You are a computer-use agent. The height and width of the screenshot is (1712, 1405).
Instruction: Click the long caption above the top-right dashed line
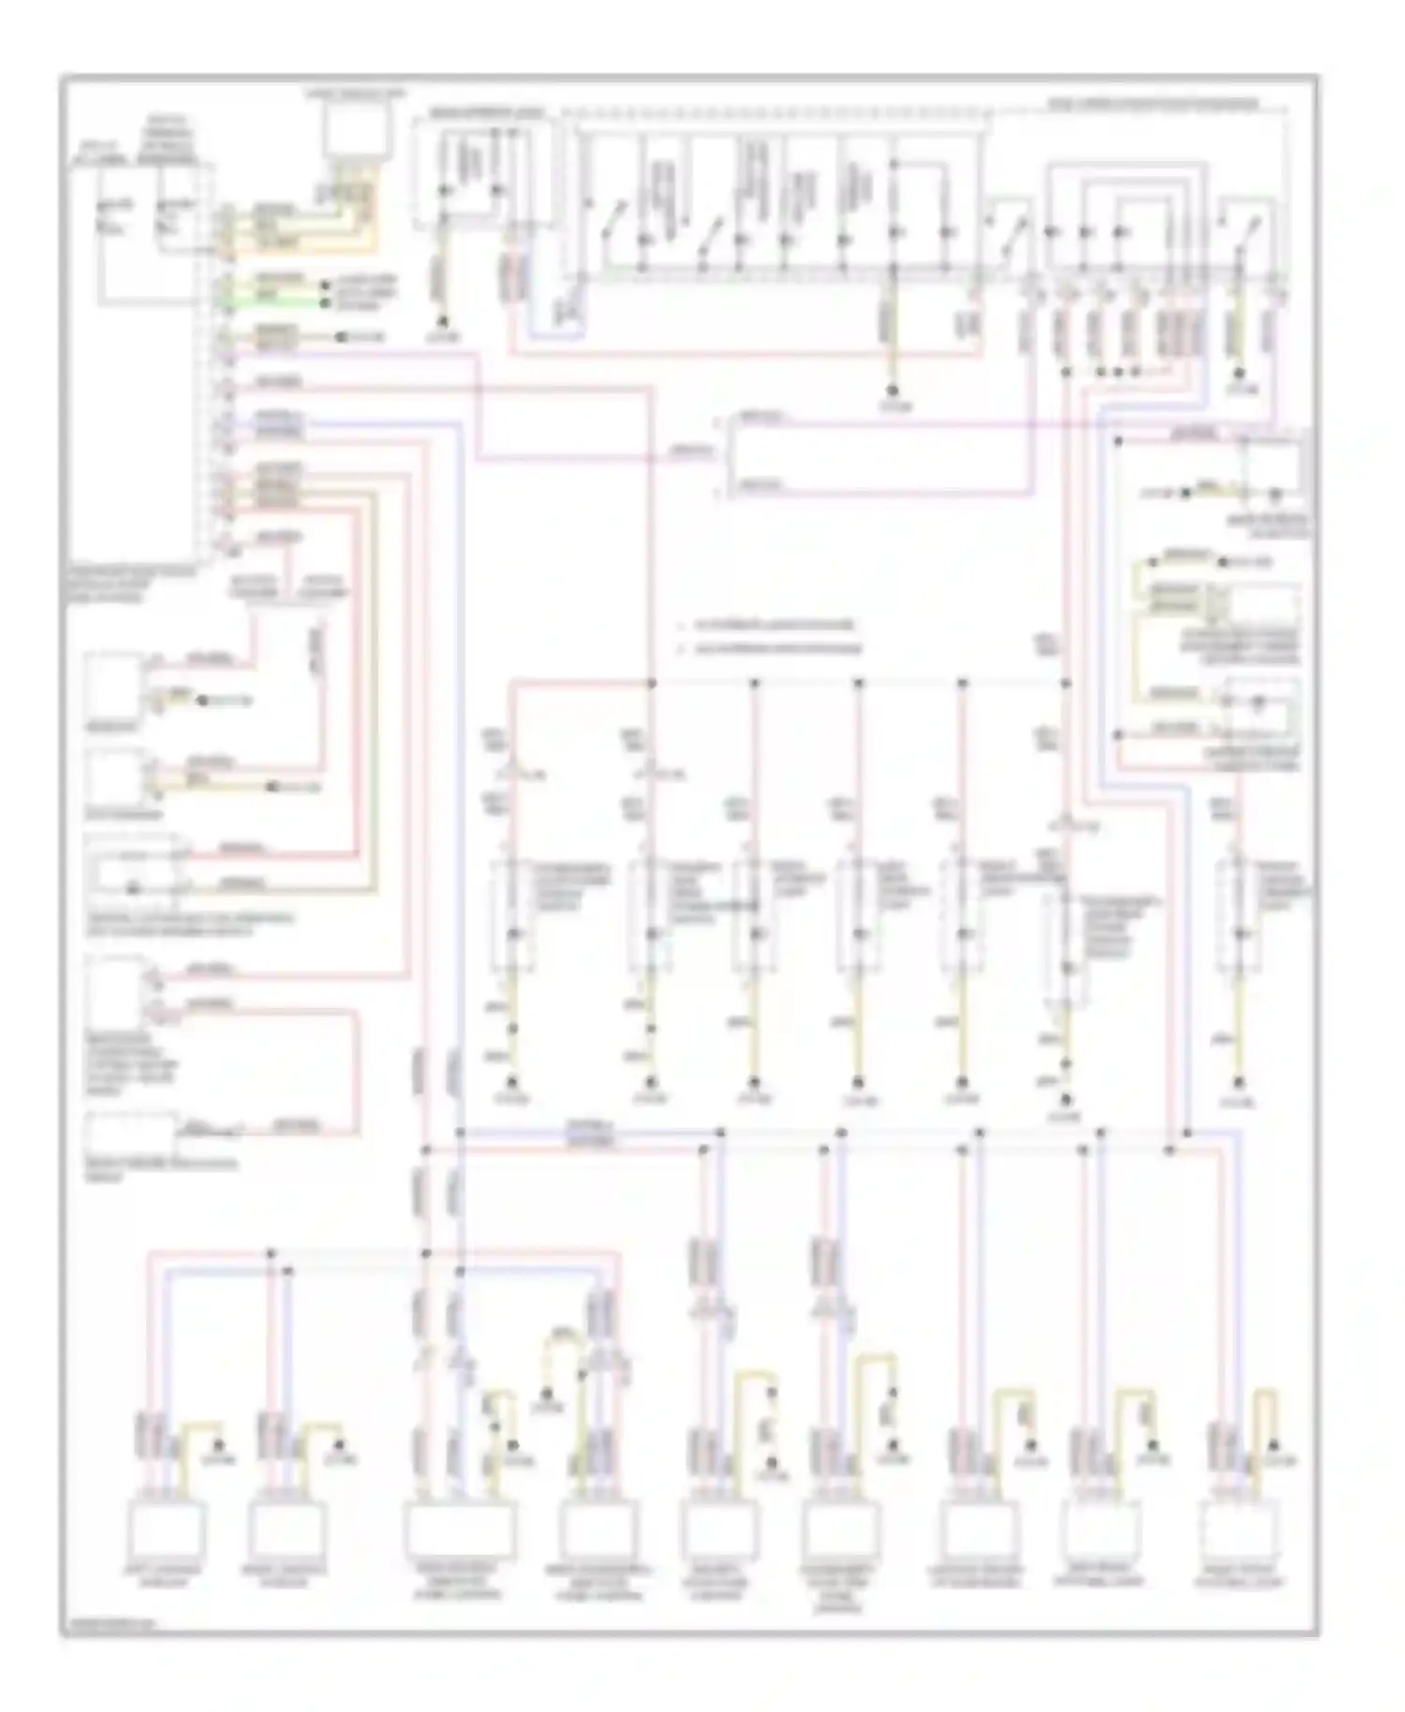tap(1152, 104)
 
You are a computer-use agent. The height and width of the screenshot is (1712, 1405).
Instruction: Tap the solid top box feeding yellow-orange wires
tap(355, 130)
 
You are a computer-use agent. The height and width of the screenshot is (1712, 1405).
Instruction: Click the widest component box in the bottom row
tap(459, 1529)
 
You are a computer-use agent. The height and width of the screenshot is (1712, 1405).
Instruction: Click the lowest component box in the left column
tap(131, 1134)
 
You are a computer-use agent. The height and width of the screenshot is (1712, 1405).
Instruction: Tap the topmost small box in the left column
tap(113, 686)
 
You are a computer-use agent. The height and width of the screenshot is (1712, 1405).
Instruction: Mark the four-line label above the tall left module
tap(170, 140)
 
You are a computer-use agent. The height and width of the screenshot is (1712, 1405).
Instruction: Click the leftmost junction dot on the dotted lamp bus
tap(652, 683)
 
